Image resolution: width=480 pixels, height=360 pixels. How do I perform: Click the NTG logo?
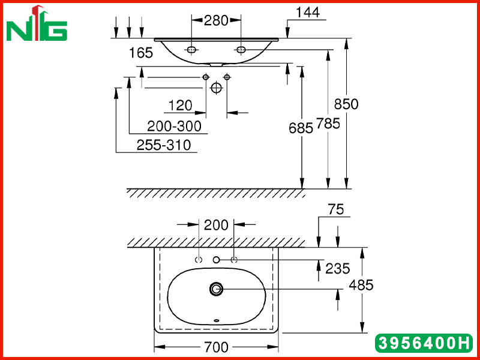37,23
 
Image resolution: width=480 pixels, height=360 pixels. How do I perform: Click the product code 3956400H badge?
424,343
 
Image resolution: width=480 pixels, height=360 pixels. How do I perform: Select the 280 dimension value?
216,21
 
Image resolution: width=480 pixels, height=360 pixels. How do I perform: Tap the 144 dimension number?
308,13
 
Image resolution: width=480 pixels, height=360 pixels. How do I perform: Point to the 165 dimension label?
141,53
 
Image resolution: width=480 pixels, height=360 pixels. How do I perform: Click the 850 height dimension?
346,104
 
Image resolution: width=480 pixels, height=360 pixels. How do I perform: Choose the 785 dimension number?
328,124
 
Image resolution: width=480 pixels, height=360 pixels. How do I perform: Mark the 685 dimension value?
301,128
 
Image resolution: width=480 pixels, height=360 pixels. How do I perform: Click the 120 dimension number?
181,106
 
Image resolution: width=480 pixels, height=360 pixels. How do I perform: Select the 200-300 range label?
174,126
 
